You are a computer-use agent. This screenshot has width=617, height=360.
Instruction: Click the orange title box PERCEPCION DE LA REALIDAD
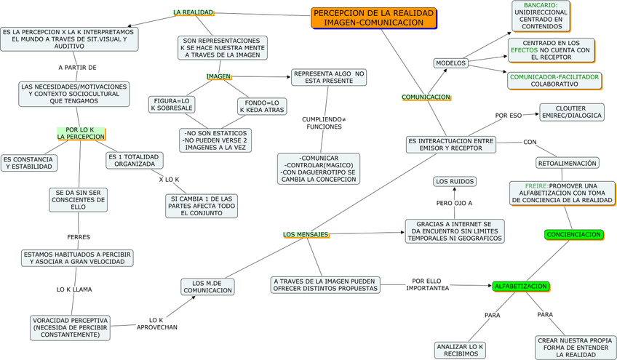(373, 18)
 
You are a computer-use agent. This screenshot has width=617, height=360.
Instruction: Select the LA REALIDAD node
(193, 12)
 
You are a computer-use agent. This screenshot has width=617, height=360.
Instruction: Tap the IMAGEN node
(218, 76)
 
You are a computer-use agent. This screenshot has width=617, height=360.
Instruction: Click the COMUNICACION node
(426, 97)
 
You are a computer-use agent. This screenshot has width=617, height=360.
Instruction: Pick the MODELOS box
(450, 63)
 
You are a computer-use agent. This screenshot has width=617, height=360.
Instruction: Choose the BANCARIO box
(546, 16)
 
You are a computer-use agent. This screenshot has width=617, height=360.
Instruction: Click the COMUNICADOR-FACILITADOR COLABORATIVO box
(554, 80)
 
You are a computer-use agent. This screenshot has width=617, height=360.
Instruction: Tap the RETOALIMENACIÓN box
(568, 163)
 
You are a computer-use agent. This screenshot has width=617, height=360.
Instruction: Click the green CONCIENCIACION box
(573, 234)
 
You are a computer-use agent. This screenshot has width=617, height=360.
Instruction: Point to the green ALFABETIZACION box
(520, 287)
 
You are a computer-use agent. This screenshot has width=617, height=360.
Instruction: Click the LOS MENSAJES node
(306, 234)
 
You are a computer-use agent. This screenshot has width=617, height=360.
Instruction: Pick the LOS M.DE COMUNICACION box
(208, 287)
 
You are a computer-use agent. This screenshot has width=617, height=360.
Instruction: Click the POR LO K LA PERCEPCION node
(80, 133)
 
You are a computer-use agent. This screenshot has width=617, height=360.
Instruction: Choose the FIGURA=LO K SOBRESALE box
(172, 104)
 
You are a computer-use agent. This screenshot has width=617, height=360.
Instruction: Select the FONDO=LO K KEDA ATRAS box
(262, 107)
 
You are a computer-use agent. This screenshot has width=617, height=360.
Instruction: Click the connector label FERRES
(79, 237)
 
